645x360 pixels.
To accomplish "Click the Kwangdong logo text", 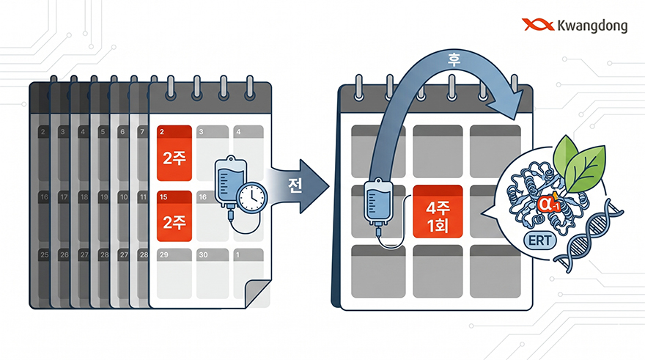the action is tap(592, 26).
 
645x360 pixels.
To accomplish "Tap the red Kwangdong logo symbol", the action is tap(538, 25).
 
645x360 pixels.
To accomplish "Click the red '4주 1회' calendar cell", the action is tap(438, 211).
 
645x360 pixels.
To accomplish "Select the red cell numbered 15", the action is tap(174, 216).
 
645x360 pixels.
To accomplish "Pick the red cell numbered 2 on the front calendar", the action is tap(174, 153).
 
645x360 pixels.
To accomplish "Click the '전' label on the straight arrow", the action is tap(295, 185).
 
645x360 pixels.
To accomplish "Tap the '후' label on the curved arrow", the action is tap(454, 60).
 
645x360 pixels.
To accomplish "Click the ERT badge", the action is tap(539, 240).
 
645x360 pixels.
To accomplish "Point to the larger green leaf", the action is tap(585, 169).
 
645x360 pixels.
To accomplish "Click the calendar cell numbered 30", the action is tap(213, 273).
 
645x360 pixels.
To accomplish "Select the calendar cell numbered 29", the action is tap(174, 273).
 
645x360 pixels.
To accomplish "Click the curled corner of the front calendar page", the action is tap(257, 294).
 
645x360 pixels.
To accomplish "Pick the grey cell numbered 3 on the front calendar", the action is tap(213, 153).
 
